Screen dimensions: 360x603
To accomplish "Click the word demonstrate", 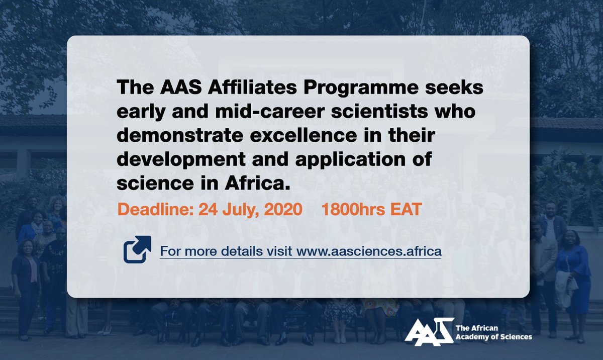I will pos(181,137).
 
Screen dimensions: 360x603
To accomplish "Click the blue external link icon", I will pos(137,249).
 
